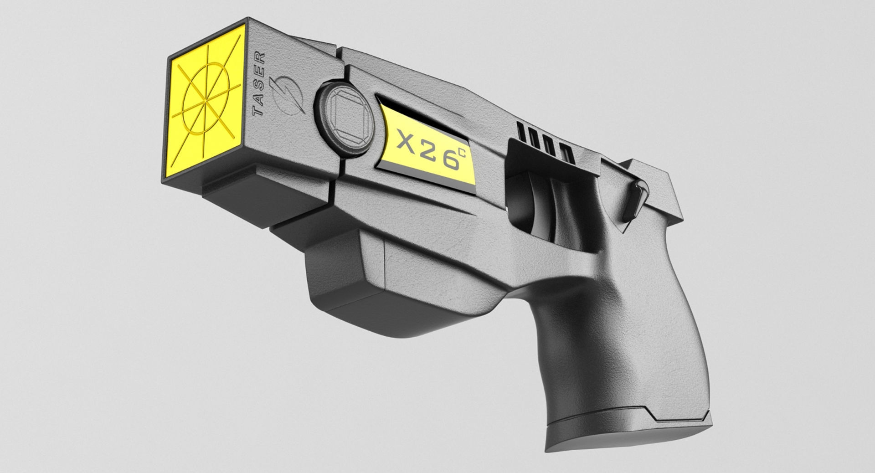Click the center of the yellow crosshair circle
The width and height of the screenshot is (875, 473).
(207, 100)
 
